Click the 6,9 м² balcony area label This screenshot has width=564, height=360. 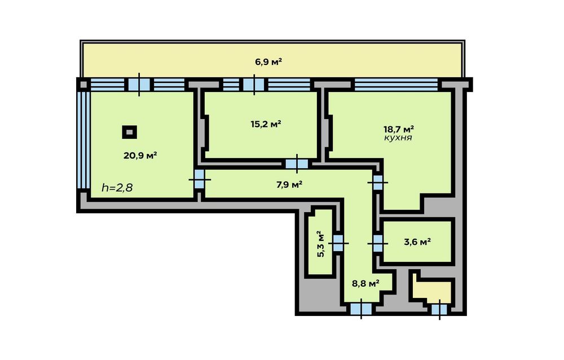click(268, 62)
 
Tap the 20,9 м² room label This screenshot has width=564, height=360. click(140, 156)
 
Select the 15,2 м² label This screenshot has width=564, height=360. click(266, 124)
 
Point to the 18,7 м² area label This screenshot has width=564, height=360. click(399, 129)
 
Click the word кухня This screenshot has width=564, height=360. click(398, 138)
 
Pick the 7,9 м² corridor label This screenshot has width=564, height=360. click(289, 185)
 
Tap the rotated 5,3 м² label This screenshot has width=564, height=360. click(320, 244)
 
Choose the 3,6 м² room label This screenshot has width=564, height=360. click(417, 242)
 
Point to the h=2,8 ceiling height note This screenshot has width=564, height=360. click(117, 187)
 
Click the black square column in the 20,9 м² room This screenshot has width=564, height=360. click(130, 132)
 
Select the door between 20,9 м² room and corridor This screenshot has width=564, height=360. click(199, 179)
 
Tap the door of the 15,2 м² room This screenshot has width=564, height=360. click(297, 164)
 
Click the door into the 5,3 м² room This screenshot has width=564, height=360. click(338, 243)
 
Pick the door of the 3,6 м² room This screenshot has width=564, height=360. click(377, 244)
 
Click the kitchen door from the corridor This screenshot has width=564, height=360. click(377, 182)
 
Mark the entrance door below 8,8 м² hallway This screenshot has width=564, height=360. click(361, 309)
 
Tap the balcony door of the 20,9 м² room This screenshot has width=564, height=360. click(139, 85)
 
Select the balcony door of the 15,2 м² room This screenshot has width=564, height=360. click(254, 85)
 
